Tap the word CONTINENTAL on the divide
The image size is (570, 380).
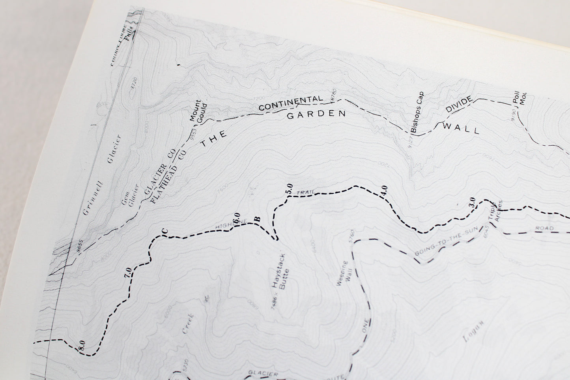tap(291, 103)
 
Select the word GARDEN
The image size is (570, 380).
tap(316, 115)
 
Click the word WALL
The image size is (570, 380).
tap(461, 128)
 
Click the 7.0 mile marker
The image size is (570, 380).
tap(128, 273)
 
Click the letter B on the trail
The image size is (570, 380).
tap(259, 219)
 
